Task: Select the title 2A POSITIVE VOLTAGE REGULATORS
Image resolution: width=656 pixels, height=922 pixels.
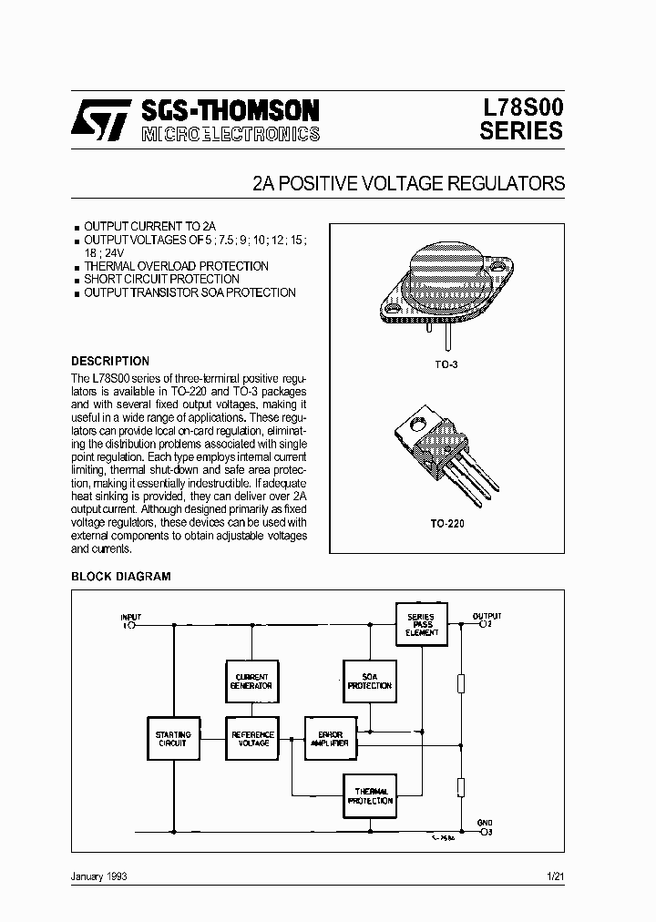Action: pos(409,183)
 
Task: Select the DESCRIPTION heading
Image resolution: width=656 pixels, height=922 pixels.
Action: pos(110,361)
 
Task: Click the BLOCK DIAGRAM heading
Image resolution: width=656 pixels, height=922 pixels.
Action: pos(120,576)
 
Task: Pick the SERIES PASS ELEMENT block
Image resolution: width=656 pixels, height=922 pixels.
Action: pos(420,625)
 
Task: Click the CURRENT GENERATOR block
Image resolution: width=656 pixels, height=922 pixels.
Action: pos(251,681)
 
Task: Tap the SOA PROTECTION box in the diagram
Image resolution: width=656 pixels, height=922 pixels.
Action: pos(369,681)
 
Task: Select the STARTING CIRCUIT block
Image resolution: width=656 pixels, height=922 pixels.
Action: pos(173,738)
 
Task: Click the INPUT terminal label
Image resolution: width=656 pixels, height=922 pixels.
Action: pos(132,617)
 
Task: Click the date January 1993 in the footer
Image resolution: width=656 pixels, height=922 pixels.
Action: pos(98,876)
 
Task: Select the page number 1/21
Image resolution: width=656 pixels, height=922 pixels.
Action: pos(555,876)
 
